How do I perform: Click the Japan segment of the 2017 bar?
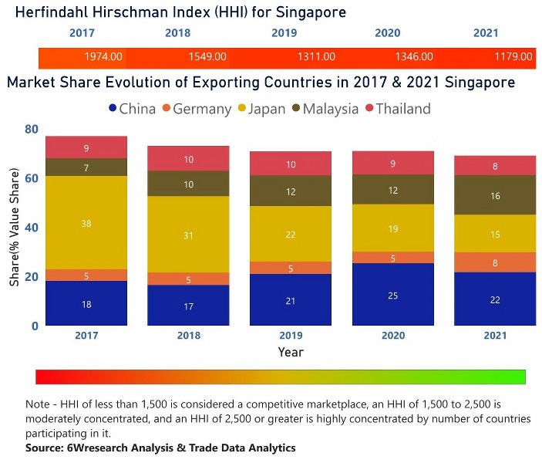click(86, 223)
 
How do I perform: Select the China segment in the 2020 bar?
click(393, 295)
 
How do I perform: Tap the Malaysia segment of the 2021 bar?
click(495, 195)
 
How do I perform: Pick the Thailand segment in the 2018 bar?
click(189, 159)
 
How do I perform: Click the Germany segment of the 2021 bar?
click(495, 262)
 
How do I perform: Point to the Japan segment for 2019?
click(291, 235)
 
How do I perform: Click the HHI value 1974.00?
click(103, 56)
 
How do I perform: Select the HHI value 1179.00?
click(513, 56)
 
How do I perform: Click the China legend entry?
click(133, 109)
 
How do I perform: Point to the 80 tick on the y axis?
click(31, 130)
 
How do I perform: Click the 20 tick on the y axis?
click(31, 277)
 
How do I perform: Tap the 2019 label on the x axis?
click(291, 336)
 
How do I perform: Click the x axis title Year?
click(291, 352)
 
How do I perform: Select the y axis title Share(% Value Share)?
click(15, 228)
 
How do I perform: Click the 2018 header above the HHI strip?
click(177, 33)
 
